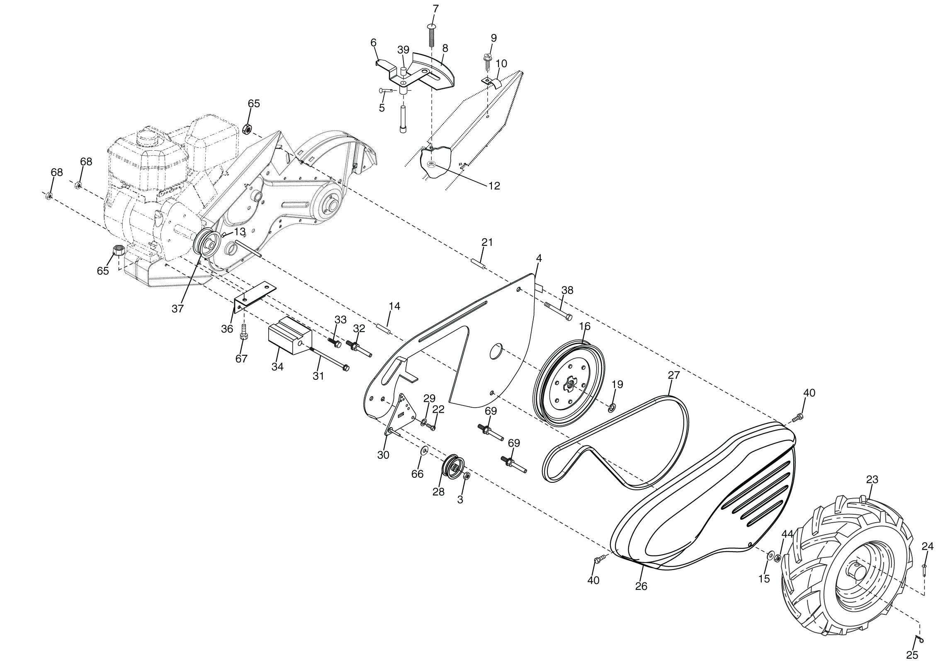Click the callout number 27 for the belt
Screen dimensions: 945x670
[x=673, y=375]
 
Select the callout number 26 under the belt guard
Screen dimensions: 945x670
[x=641, y=586]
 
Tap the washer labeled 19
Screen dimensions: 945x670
[x=612, y=408]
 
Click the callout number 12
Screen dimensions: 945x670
[x=494, y=186]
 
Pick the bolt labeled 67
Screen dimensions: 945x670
[x=244, y=332]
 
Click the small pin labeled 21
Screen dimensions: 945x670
[x=478, y=264]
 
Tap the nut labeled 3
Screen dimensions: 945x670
[x=466, y=476]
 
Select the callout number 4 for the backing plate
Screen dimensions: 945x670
[x=539, y=258]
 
